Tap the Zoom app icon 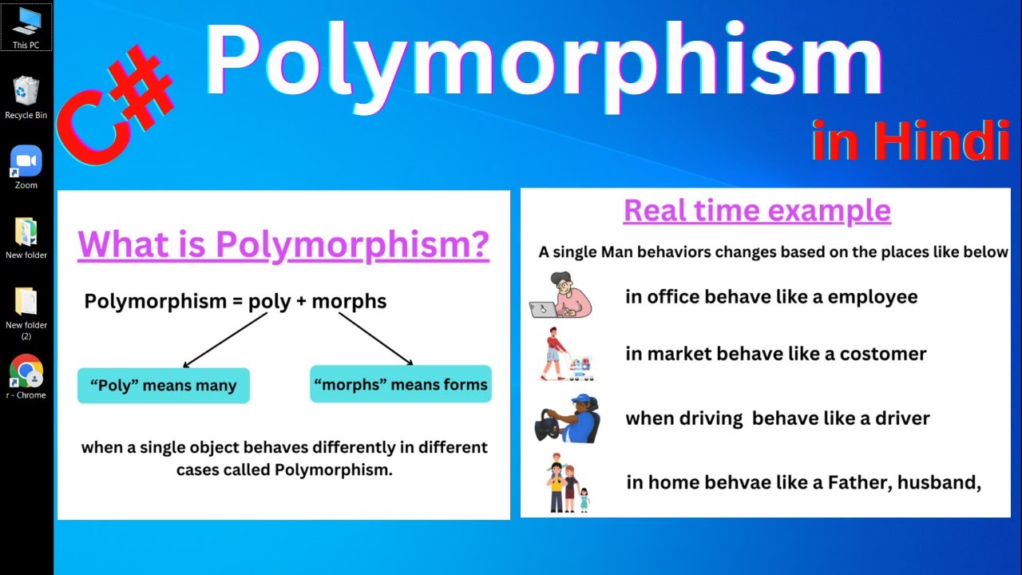[26, 161]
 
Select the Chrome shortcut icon [26, 371]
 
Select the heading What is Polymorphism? [283, 245]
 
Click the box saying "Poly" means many [163, 386]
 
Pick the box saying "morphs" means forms [400, 385]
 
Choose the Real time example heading [756, 210]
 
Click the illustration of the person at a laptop [561, 295]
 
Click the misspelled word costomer [882, 354]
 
